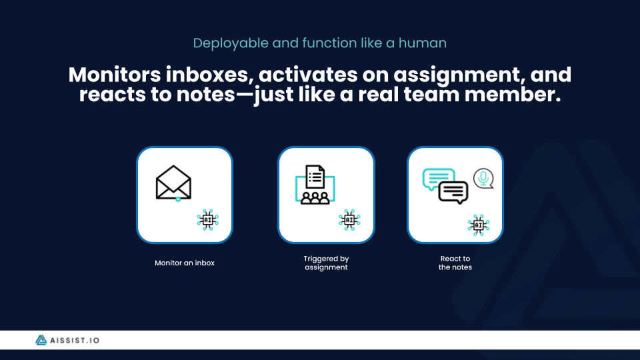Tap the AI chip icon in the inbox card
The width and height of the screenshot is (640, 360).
(208, 219)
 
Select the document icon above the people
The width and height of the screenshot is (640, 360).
(315, 178)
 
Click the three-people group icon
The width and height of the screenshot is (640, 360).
(315, 197)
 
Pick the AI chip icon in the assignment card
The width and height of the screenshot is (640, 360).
(349, 219)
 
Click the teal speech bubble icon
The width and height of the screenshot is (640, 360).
(437, 179)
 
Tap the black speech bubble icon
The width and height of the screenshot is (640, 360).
(453, 192)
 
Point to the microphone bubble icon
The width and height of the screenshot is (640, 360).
(483, 178)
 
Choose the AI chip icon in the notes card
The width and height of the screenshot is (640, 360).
(478, 225)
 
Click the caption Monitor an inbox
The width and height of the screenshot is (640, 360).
(185, 263)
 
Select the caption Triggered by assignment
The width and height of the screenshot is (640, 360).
(326, 263)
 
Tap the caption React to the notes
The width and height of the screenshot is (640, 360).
(455, 263)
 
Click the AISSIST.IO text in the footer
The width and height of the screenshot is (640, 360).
(77, 340)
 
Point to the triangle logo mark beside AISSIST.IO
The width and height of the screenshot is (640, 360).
(42, 340)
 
